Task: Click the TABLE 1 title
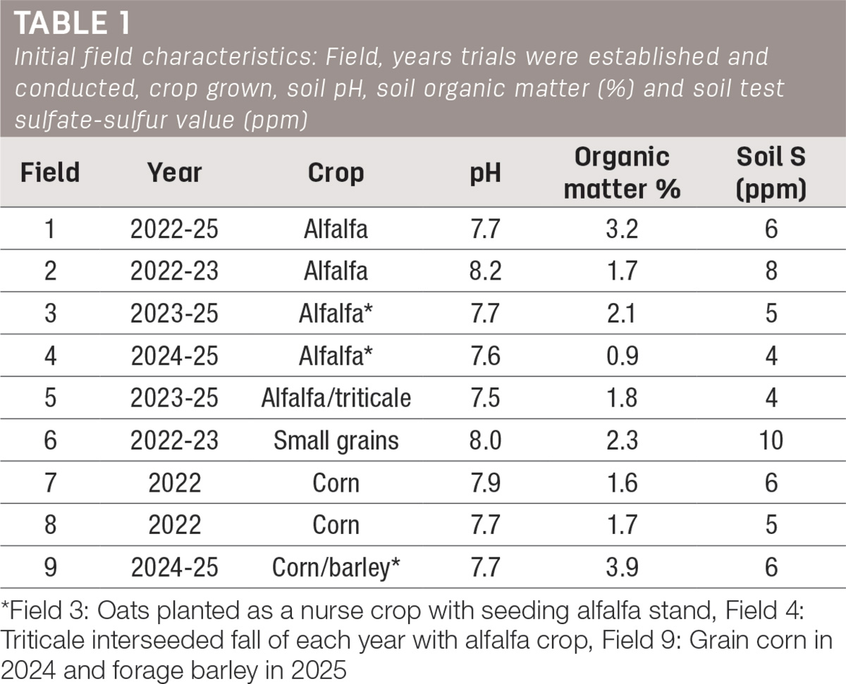pyautogui.click(x=72, y=23)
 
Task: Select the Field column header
pyautogui.click(x=50, y=173)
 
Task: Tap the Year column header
pyautogui.click(x=174, y=173)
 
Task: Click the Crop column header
pyautogui.click(x=336, y=173)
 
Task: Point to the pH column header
pyautogui.click(x=485, y=173)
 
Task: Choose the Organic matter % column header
pyautogui.click(x=622, y=173)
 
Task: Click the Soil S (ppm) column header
pyautogui.click(x=771, y=173)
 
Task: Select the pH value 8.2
pyautogui.click(x=485, y=271)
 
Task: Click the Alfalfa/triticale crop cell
pyautogui.click(x=336, y=398)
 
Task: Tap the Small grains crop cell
pyautogui.click(x=336, y=441)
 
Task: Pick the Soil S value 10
pyautogui.click(x=771, y=440)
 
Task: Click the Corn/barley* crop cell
pyautogui.click(x=336, y=568)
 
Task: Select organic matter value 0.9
pyautogui.click(x=622, y=356)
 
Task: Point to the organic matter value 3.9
pyautogui.click(x=622, y=567)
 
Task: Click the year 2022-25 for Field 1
pyautogui.click(x=174, y=229)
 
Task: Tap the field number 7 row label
pyautogui.click(x=50, y=483)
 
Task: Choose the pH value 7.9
pyautogui.click(x=485, y=483)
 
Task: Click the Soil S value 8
pyautogui.click(x=771, y=271)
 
